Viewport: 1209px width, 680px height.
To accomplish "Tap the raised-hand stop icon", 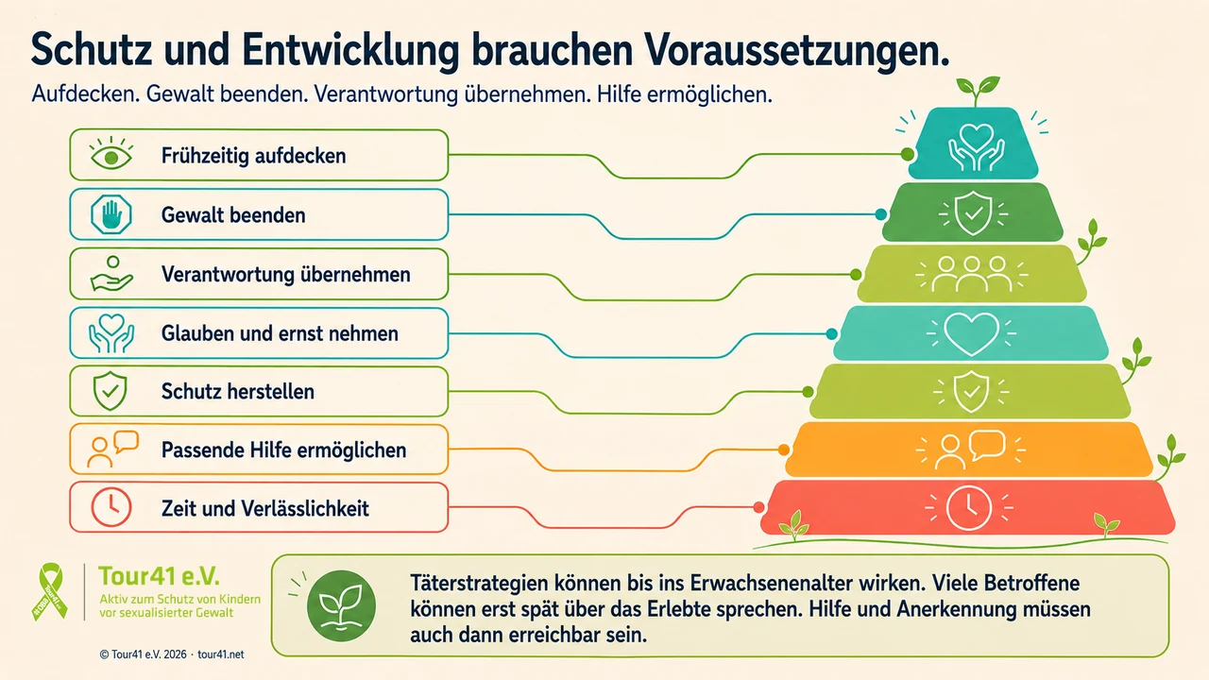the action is (111, 214).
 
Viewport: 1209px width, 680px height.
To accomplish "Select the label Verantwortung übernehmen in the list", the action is (285, 274).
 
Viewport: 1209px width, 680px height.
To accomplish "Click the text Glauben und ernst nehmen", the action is (280, 333).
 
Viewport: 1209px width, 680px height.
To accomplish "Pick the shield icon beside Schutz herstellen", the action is (111, 391).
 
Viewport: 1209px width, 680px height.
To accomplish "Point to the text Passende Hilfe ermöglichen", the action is (284, 450).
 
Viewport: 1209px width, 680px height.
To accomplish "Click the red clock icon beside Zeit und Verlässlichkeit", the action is (111, 507).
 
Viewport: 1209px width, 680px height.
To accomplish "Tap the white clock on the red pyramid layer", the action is (969, 508).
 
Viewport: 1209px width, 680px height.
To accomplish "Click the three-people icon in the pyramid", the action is (972, 274).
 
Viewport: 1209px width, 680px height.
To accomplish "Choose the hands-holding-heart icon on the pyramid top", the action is (977, 146).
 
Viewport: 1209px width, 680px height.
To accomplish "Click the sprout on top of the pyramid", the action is (978, 91).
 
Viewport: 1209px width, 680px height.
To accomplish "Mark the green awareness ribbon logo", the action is (50, 591).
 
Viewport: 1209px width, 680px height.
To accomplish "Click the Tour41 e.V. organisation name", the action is (160, 576).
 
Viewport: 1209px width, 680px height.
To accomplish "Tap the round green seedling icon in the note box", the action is (341, 605).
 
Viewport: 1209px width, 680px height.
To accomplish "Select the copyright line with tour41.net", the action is (172, 654).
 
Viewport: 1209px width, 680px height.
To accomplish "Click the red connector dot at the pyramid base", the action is (758, 507).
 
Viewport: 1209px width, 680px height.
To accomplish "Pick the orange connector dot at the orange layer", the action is (784, 450).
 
